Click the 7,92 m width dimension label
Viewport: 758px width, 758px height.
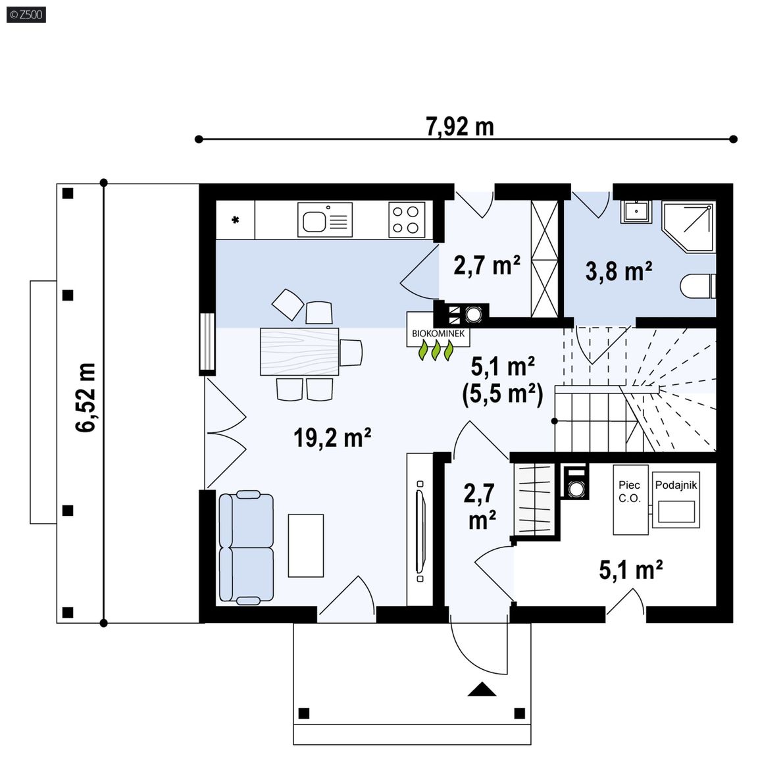pos(460,126)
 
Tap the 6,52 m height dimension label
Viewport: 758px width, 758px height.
pos(86,397)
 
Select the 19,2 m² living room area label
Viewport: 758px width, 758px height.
pos(332,438)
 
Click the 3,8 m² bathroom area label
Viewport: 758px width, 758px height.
pos(619,271)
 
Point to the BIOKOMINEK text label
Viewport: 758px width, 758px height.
pos(438,334)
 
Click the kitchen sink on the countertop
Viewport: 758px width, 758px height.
pos(325,220)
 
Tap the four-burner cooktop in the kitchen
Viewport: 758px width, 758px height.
pos(407,220)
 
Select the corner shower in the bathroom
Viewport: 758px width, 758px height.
pos(688,227)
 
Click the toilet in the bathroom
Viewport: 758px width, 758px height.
pos(697,287)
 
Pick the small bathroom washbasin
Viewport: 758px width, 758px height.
pos(636,211)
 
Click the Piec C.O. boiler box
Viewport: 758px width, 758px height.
pos(630,500)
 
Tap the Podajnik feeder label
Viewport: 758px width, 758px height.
pos(676,486)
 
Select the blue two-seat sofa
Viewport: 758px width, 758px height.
pos(246,547)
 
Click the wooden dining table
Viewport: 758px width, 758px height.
pos(299,351)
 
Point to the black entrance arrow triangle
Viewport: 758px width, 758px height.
pos(482,688)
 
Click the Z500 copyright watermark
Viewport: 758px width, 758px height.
pos(26,15)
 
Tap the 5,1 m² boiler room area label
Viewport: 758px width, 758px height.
pos(631,570)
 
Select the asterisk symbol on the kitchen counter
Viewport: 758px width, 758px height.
pos(236,220)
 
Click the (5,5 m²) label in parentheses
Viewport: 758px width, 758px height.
pos(503,395)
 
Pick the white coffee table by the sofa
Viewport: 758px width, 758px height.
pos(306,545)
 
